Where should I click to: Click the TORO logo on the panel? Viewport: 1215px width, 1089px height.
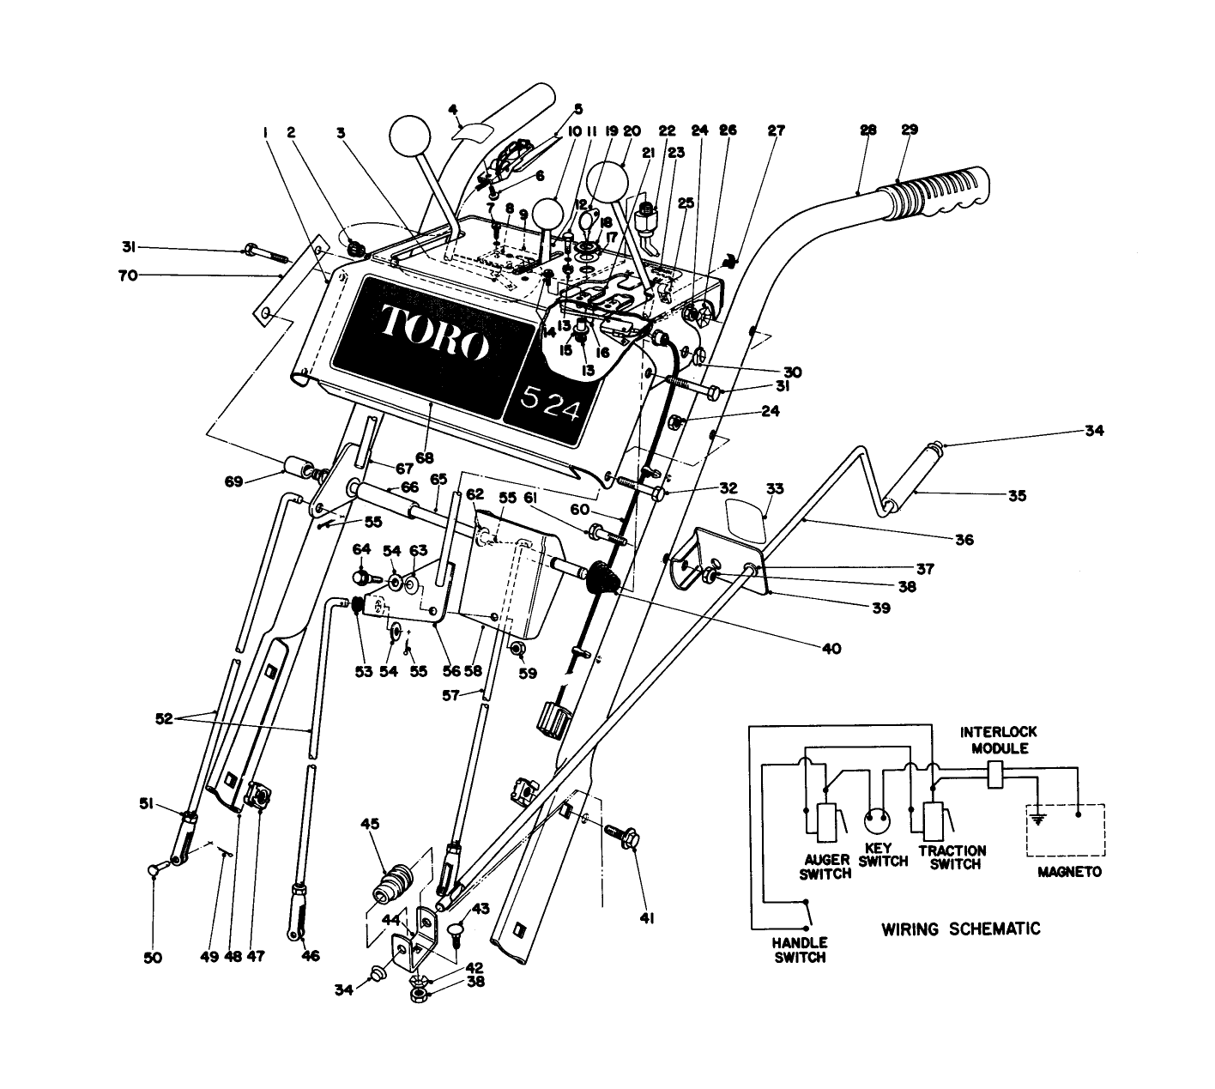pos(429,336)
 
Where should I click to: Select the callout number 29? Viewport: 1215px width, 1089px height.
pos(910,130)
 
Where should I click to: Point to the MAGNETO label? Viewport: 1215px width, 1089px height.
pos(1068,871)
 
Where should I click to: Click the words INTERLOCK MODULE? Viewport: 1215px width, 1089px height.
pos(998,740)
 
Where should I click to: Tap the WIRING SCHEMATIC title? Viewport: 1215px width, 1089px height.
pos(960,929)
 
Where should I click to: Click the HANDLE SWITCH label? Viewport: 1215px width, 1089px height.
pos(800,950)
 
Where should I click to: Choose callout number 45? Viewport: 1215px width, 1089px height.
pos(369,824)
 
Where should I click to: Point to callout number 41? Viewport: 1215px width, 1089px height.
pos(647,918)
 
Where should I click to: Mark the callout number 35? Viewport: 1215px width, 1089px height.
pos(1017,495)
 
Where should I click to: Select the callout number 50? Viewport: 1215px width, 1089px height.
pos(153,958)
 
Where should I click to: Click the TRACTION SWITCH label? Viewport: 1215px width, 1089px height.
pos(952,857)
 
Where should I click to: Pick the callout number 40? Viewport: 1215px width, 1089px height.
pos(831,649)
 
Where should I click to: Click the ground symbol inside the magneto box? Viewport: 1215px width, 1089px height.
pos(1039,820)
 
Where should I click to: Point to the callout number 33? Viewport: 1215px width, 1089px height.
pos(775,488)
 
